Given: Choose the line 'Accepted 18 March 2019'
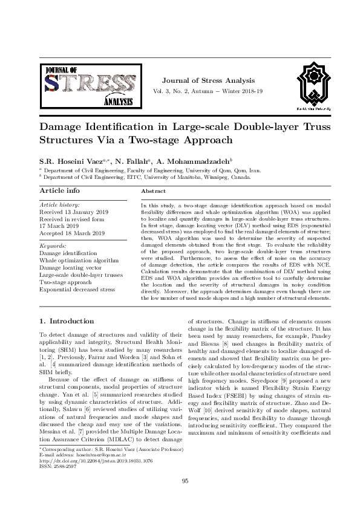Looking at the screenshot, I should (72, 233).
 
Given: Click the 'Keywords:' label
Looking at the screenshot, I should (53, 246).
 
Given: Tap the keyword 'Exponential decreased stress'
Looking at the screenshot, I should (77, 289).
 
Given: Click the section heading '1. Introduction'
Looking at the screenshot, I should (67, 321).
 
